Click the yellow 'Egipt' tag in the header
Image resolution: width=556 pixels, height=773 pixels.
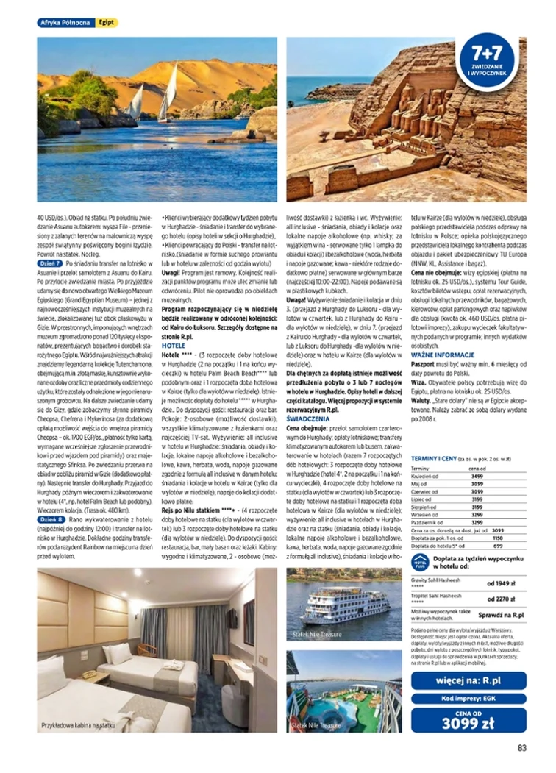(x=107, y=23)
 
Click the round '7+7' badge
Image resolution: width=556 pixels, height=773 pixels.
(x=486, y=62)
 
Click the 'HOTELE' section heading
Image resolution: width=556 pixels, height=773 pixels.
(x=174, y=344)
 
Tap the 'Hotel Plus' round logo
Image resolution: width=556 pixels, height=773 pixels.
(x=420, y=563)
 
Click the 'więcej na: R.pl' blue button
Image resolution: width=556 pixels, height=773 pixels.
(x=468, y=678)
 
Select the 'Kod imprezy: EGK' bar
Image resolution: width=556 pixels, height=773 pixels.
(x=468, y=699)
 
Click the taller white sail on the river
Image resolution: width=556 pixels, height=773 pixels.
(x=168, y=93)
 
